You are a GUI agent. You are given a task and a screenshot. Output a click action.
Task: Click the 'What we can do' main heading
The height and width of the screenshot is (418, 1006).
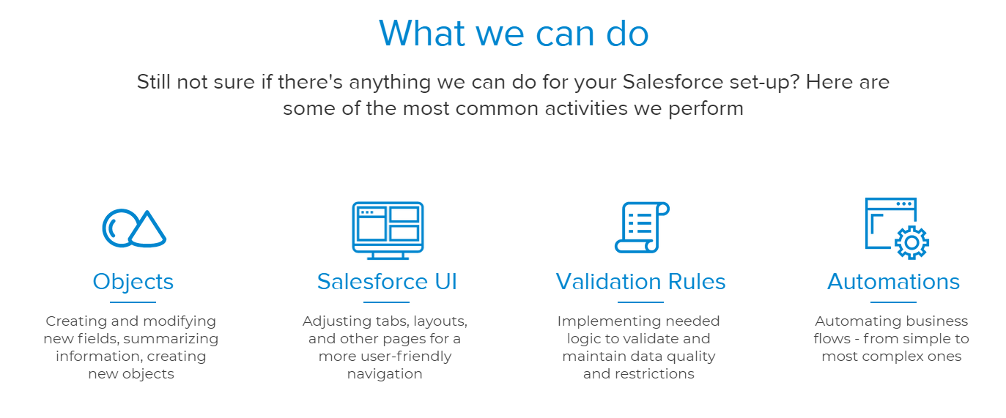(514, 33)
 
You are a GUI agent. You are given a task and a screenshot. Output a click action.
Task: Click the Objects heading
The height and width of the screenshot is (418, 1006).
(133, 282)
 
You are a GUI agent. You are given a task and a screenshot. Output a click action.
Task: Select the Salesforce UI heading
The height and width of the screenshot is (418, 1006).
(387, 282)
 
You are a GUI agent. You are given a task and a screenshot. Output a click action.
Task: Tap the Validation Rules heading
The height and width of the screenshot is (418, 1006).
(640, 282)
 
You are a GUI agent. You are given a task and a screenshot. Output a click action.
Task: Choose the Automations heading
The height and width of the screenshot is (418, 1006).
(893, 282)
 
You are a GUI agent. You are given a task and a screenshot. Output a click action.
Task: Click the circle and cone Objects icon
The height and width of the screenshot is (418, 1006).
(133, 228)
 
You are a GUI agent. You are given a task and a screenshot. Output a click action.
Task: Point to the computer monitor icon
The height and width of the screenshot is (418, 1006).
(388, 230)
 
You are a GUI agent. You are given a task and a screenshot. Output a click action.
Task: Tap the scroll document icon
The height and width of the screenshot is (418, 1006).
(641, 228)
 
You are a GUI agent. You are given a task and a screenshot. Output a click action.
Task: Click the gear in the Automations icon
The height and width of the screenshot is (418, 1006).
(911, 242)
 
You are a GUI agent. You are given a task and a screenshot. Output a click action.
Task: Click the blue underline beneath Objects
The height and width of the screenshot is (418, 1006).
(133, 302)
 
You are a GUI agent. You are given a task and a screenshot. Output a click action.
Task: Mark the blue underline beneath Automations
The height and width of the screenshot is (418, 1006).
(893, 302)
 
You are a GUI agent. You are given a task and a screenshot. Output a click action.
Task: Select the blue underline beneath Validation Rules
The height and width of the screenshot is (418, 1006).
(640, 302)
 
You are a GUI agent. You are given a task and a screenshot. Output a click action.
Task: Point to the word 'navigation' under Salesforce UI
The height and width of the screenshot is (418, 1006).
(385, 374)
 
